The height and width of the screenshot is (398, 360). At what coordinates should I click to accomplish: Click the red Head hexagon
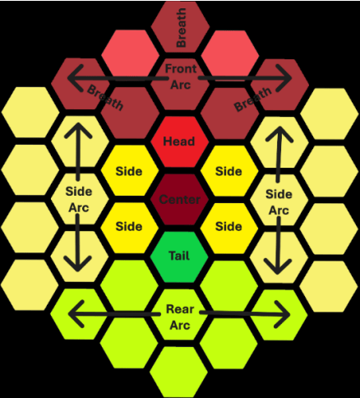[179, 141]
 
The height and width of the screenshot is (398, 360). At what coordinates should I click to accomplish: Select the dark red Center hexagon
[179, 199]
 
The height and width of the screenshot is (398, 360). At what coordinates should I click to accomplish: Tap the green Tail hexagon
[179, 257]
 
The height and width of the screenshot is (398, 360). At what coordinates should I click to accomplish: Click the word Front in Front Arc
[181, 68]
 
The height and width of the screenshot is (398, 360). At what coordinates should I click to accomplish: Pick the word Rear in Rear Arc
[180, 309]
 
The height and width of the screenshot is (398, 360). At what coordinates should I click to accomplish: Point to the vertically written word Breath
[181, 27]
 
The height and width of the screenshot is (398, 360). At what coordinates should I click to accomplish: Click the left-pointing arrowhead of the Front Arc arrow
[76, 78]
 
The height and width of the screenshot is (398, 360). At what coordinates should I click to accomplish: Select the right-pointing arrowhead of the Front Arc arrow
[284, 78]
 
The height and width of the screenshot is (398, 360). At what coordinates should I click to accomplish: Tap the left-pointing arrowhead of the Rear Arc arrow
[76, 314]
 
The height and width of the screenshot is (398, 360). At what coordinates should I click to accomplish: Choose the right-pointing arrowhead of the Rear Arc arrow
[282, 314]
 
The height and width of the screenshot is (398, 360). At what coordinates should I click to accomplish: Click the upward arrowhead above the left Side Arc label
[78, 131]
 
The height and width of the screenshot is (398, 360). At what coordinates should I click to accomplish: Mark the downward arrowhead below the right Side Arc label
[278, 266]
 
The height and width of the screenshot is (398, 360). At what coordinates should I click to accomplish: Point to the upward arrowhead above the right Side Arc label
[279, 134]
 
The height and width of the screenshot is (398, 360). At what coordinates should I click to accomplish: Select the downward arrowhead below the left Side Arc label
[78, 264]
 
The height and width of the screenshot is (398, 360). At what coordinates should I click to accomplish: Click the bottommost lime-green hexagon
[178, 372]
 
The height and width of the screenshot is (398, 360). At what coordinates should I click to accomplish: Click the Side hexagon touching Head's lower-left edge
[130, 170]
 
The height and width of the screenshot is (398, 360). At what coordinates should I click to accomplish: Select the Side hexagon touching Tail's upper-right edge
[229, 228]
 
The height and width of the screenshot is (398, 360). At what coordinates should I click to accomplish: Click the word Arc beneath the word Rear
[180, 326]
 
